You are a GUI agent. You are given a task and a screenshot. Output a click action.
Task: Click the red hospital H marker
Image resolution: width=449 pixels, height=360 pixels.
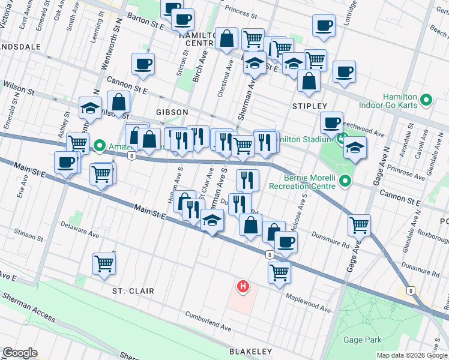click(243, 287)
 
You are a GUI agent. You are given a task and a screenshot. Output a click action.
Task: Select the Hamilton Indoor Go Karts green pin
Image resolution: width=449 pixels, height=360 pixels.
click(427, 100)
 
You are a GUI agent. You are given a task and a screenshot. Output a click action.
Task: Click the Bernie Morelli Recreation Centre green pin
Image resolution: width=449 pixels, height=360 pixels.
click(345, 180)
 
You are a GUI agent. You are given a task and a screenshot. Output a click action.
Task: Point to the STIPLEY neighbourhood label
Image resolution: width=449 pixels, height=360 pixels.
click(309, 106)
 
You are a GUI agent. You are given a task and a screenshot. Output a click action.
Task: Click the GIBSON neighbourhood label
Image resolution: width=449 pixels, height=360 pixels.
click(172, 112)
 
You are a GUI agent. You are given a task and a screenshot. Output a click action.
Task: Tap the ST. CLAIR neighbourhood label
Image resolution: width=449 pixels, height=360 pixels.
click(133, 291)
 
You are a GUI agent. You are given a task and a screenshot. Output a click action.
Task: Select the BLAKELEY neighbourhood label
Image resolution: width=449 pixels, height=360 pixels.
click(250, 351)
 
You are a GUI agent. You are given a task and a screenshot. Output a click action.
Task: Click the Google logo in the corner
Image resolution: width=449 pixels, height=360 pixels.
click(20, 352)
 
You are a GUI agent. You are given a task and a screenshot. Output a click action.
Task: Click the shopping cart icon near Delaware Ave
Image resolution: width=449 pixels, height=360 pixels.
click(104, 263)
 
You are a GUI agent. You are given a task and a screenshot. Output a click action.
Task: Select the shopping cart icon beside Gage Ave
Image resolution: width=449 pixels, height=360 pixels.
click(360, 225)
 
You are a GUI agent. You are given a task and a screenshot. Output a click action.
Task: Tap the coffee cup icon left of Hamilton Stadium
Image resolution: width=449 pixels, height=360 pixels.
click(331, 123)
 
